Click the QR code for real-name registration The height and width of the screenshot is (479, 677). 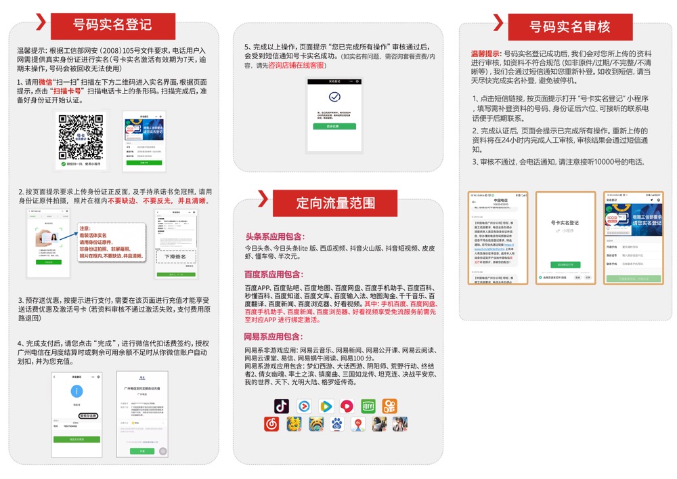pyautogui.click(x=81, y=136)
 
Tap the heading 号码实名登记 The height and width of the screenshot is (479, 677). pyautogui.click(x=112, y=26)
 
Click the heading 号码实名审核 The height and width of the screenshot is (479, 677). pyautogui.click(x=570, y=27)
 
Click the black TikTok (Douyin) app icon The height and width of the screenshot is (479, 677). pyautogui.click(x=282, y=406)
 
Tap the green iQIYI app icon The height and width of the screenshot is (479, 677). pyautogui.click(x=368, y=406)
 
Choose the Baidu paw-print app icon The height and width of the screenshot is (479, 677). pyautogui.click(x=336, y=424)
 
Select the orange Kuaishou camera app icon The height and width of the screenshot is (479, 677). pyautogui.click(x=390, y=406)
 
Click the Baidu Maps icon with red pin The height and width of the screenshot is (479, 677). pyautogui.click(x=359, y=424)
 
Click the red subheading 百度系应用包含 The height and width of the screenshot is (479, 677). pyautogui.click(x=274, y=274)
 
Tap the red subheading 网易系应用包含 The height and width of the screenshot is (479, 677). pyautogui.click(x=274, y=337)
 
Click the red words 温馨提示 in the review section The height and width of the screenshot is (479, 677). pyautogui.click(x=486, y=53)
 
